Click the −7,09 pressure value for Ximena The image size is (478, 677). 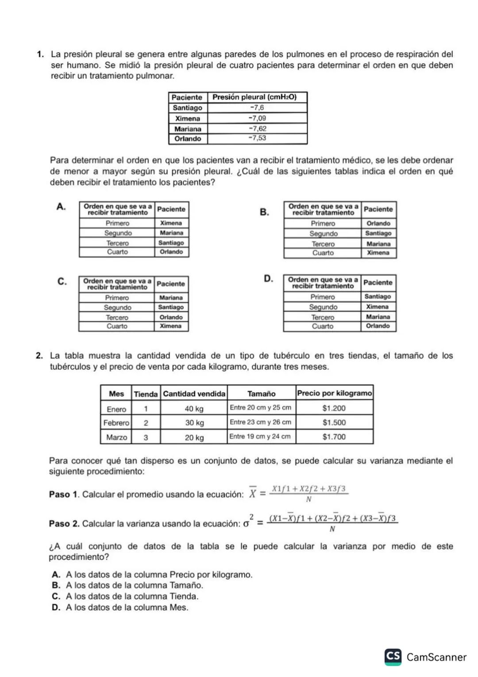257,118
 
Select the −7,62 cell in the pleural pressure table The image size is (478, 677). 257,128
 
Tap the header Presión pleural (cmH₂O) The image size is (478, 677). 254,97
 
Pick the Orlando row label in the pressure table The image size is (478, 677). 188,139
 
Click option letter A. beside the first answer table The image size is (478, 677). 62,206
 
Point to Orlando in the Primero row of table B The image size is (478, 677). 378,224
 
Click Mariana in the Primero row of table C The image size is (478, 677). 171,298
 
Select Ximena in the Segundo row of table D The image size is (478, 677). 378,307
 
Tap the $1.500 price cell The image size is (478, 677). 334,423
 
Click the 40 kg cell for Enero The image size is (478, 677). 194,409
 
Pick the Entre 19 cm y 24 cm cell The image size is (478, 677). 260,437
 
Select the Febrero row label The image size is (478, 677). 116,423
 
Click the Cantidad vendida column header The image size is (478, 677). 194,394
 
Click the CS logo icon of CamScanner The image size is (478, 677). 393,657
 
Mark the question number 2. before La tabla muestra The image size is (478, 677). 40,356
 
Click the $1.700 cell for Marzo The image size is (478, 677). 334,437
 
